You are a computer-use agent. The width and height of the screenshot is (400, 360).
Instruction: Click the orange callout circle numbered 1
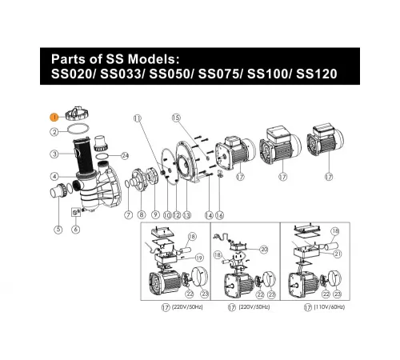tap(54, 118)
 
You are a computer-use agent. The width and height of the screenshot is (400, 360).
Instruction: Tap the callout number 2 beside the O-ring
tap(54, 132)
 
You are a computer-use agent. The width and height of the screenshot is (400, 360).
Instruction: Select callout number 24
tap(125, 156)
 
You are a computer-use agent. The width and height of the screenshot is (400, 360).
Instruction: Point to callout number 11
tap(138, 118)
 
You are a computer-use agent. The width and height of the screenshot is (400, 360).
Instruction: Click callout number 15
tap(176, 118)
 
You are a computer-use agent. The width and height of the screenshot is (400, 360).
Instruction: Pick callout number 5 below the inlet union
tap(58, 230)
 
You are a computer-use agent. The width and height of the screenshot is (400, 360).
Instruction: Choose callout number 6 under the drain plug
tap(76, 229)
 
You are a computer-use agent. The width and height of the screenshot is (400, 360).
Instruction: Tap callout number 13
tap(187, 215)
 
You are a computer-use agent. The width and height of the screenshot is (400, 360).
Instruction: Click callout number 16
tap(219, 215)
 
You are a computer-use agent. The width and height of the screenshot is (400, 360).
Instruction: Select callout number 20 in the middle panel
tap(264, 250)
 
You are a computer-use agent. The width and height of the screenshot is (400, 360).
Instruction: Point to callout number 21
tap(338, 254)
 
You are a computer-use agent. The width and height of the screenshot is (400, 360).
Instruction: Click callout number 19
tap(199, 258)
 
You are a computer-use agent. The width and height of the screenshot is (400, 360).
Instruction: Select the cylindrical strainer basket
tap(83, 156)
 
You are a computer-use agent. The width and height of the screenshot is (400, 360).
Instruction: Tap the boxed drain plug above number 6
tap(75, 212)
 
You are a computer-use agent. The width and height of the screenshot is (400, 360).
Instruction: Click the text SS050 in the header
tap(170, 74)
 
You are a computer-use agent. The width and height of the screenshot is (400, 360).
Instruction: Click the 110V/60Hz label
tap(330, 307)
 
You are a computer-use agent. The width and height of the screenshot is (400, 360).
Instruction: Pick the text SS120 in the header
tap(317, 74)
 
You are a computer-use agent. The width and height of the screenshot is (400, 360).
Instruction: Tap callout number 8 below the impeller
tap(142, 215)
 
